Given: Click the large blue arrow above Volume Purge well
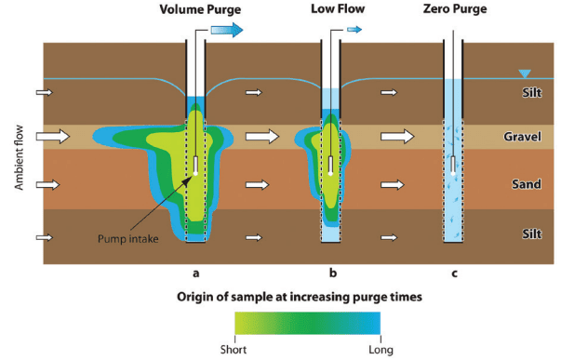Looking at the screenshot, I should [x=223, y=30].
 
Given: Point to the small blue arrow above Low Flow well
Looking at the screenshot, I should [x=354, y=31].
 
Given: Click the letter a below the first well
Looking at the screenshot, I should [x=194, y=273].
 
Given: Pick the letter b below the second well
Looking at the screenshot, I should [x=332, y=273].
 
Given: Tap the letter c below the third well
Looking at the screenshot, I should [x=453, y=273].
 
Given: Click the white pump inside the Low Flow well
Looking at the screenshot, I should [x=332, y=165].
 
